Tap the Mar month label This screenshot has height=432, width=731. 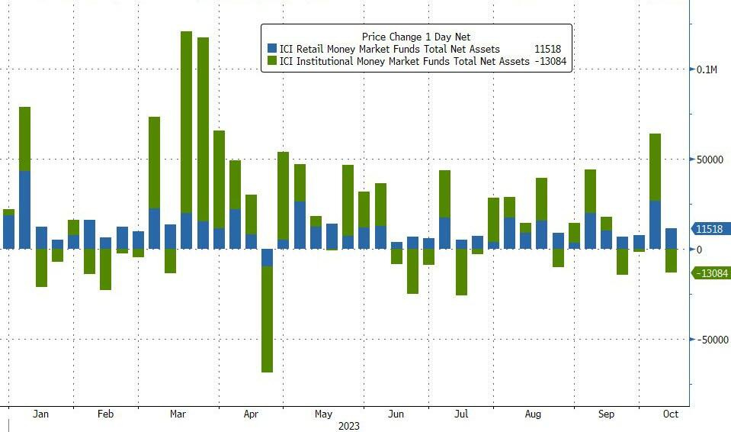178,414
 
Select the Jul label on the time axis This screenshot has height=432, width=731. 461,414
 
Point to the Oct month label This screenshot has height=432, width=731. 670,414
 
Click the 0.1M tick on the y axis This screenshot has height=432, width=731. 708,69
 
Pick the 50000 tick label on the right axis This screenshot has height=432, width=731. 710,160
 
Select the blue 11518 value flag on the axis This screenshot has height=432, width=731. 710,229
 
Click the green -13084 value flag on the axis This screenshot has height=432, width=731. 710,273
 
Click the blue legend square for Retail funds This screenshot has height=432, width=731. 272,49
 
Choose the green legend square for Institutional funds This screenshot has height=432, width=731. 272,61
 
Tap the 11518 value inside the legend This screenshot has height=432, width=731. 547,49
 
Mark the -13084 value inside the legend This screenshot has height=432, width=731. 550,61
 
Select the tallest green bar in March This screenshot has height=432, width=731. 186,122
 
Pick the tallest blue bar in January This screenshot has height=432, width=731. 24,209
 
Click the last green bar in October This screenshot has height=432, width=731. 671,260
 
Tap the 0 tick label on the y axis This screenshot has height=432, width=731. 700,250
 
